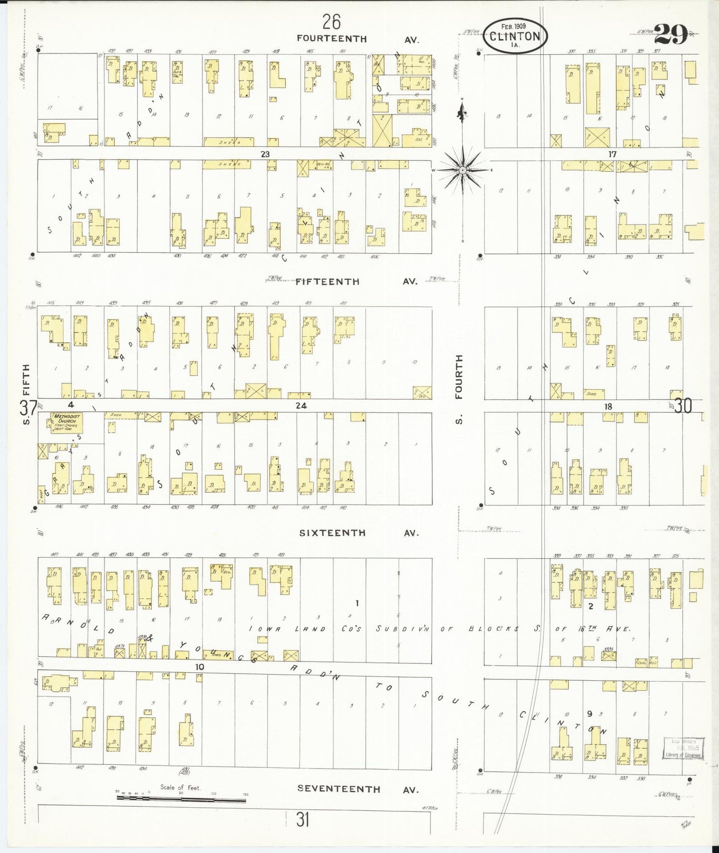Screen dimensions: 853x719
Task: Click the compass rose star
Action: click(x=463, y=170)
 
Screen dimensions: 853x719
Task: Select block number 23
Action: click(x=265, y=154)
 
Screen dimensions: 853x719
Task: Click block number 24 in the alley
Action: click(x=301, y=406)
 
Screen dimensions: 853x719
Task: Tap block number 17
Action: click(x=612, y=154)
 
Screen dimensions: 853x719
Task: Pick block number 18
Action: click(x=608, y=406)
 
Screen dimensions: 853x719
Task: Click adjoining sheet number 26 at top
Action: click(x=331, y=22)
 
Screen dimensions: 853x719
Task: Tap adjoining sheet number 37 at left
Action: click(x=28, y=408)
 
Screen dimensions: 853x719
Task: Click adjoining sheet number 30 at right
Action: click(x=684, y=406)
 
